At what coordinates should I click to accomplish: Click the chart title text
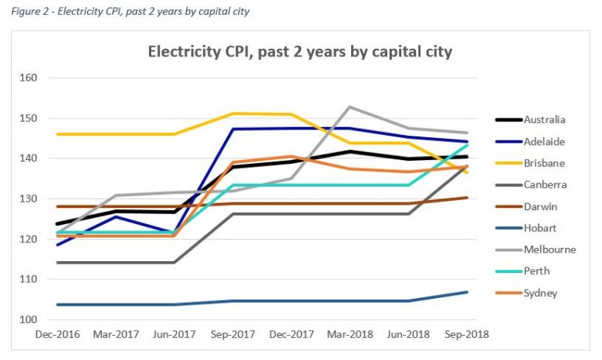pos(300,53)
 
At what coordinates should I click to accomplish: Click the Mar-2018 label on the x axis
pos(349,334)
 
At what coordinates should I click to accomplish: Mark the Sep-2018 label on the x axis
pos(466,334)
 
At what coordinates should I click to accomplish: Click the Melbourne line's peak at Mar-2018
pos(349,107)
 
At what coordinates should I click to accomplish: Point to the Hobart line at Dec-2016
pos(57,304)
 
